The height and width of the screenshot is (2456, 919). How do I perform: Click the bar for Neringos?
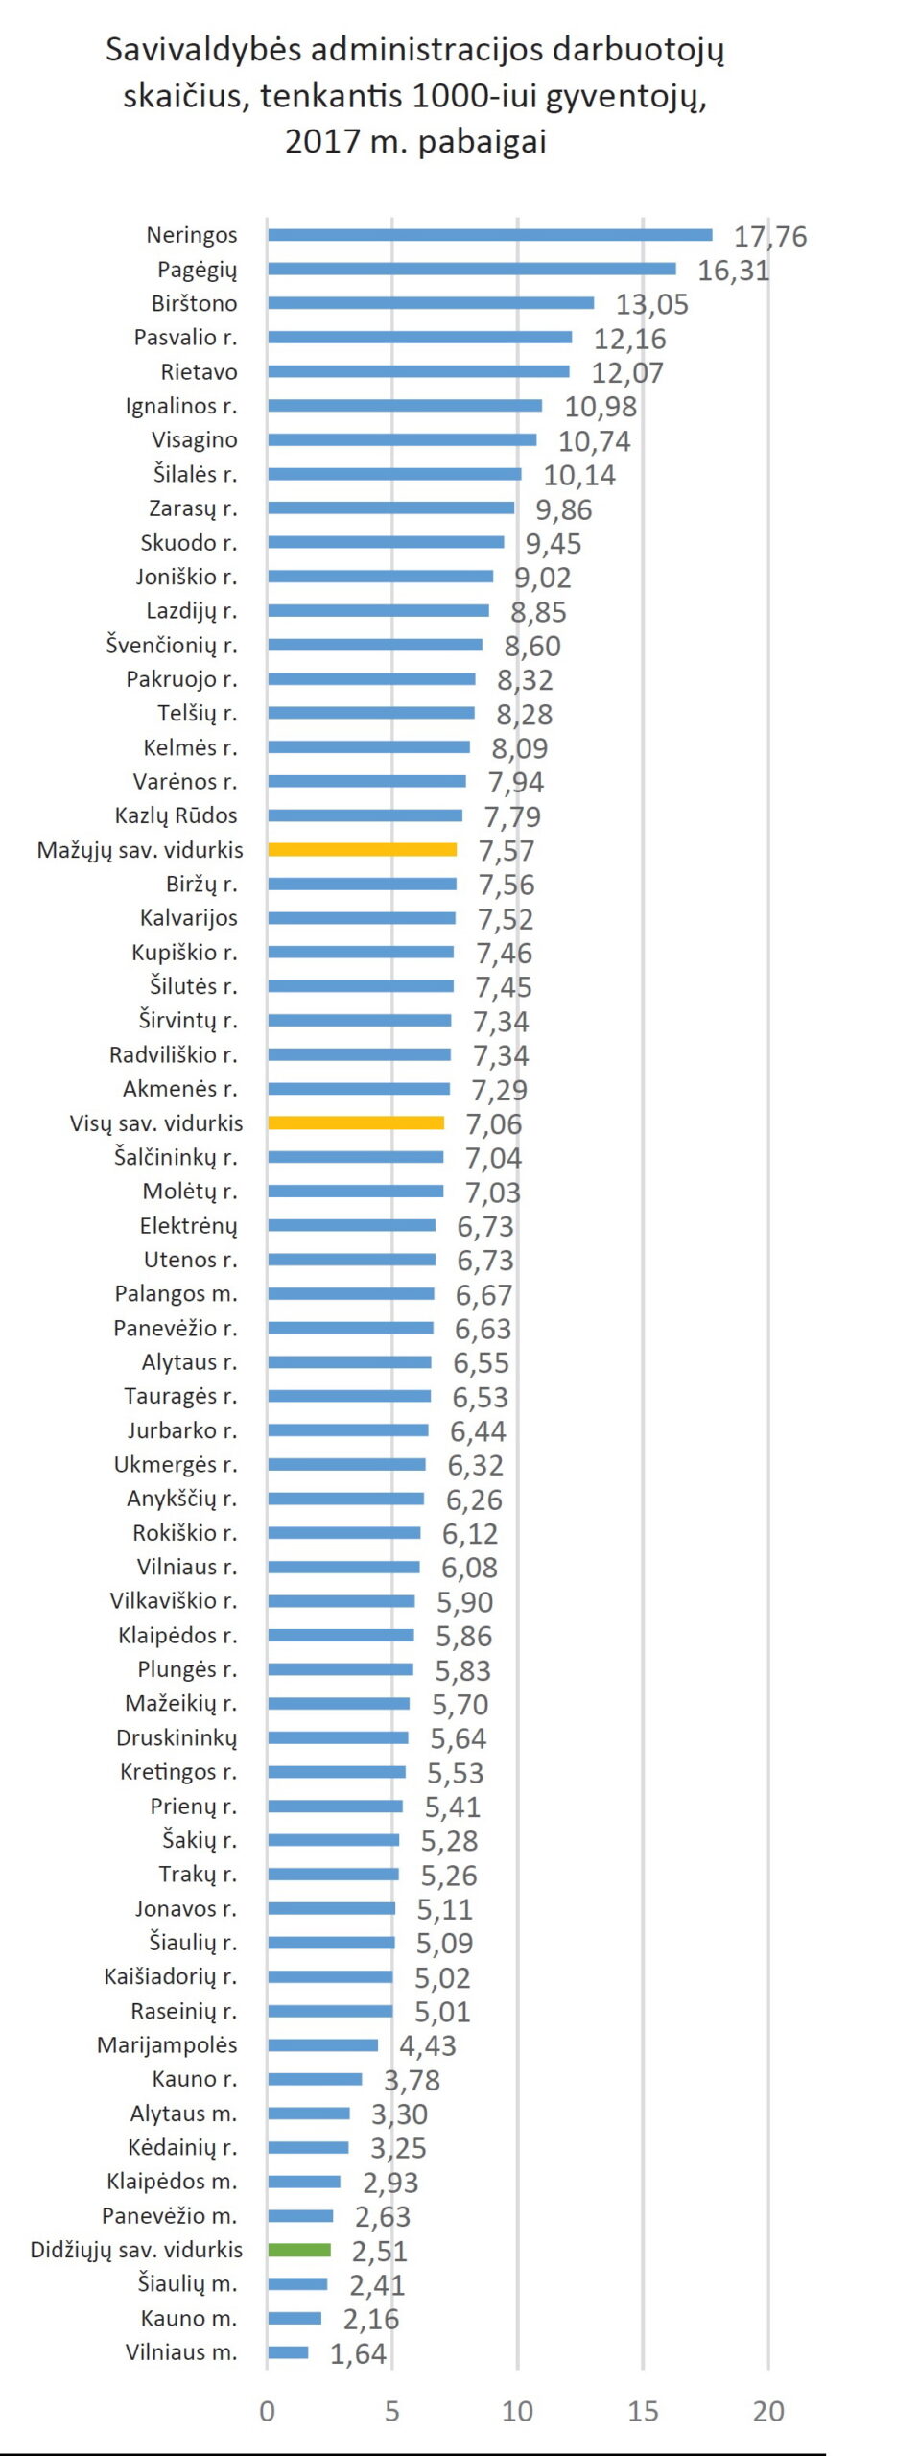point(489,235)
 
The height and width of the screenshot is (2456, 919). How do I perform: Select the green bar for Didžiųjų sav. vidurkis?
point(299,2250)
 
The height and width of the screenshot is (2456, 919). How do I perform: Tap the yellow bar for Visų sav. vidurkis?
point(356,1122)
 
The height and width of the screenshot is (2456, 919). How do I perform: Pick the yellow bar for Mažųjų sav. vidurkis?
point(362,849)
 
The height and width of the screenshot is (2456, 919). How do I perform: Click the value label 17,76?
point(770,236)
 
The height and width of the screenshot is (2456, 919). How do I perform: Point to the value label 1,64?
point(358,2353)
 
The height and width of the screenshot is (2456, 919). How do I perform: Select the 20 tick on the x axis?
point(768,2411)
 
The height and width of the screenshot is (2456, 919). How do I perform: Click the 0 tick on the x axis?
point(267,2411)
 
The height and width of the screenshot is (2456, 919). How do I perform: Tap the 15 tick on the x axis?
point(643,2411)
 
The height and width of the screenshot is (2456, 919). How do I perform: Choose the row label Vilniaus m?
point(181,2351)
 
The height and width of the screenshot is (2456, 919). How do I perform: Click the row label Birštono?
point(194,303)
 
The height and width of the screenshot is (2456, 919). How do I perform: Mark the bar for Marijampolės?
point(322,2044)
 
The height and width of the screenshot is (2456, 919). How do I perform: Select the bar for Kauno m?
point(295,2318)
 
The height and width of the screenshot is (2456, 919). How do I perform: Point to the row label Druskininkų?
point(177,1737)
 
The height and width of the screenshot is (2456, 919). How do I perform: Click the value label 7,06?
point(494,1123)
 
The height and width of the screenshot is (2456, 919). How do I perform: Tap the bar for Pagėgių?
point(471,269)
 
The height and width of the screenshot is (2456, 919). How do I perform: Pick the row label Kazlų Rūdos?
point(176,815)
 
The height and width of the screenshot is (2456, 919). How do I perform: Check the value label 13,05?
point(652,304)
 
